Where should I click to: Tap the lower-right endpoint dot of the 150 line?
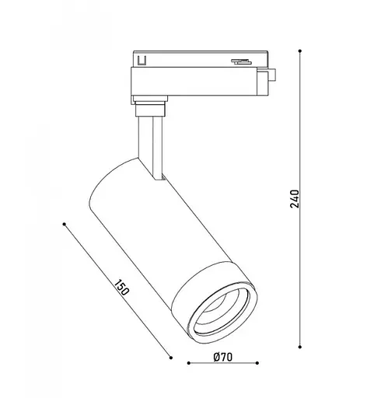click(x=171, y=357)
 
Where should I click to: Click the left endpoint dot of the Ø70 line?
click(x=189, y=364)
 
